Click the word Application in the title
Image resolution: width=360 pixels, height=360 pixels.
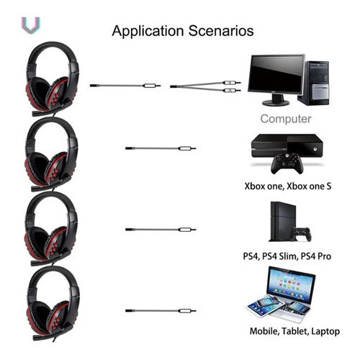(148, 32)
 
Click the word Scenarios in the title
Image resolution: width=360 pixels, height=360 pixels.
(221, 31)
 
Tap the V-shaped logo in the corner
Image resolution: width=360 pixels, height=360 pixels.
(31, 25)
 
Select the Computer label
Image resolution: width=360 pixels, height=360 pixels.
(286, 119)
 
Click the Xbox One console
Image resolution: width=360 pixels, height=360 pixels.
(287, 145)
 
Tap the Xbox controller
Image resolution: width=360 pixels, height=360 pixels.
(287, 164)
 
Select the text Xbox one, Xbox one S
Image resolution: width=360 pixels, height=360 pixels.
(288, 186)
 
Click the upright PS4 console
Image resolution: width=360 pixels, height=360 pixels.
(282, 221)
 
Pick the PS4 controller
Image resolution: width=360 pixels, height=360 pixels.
(300, 234)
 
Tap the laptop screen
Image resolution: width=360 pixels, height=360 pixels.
(291, 285)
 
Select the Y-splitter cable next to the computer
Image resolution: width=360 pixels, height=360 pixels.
(205, 86)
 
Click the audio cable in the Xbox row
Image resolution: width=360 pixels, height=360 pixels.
(161, 148)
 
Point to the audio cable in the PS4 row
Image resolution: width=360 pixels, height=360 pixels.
(161, 230)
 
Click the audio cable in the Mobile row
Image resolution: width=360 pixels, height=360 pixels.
(161, 311)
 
